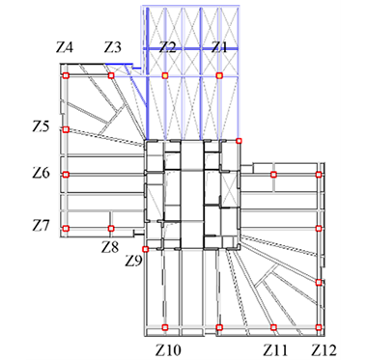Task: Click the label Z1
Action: point(219,47)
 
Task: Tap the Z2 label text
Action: point(168,47)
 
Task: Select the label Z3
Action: point(113,47)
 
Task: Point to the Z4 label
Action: point(65,47)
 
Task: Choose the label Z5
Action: point(42,126)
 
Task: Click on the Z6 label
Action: point(42,174)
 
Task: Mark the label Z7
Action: point(42,225)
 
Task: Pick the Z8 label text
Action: point(110,247)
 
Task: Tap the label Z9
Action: point(133,261)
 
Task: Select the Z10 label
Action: point(168,349)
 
